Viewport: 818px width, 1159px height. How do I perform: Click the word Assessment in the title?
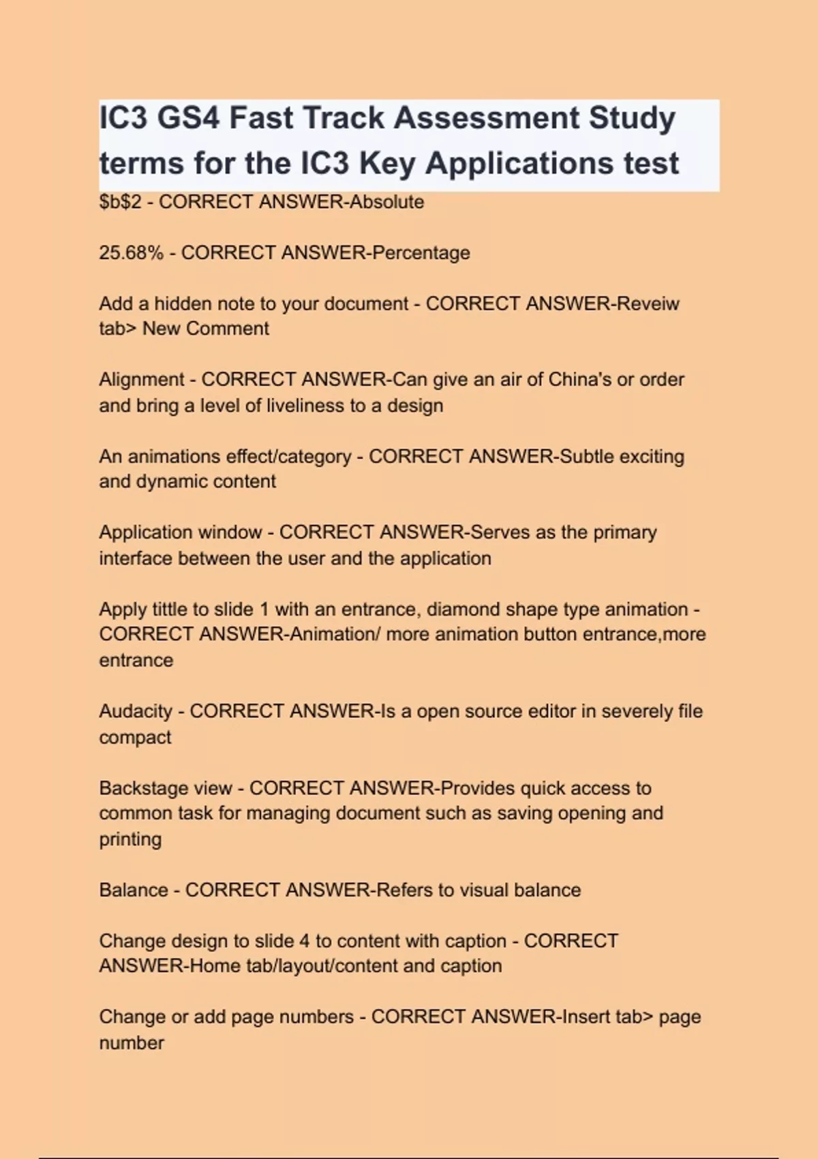pyautogui.click(x=486, y=118)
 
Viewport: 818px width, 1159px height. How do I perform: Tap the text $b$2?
pyautogui.click(x=120, y=202)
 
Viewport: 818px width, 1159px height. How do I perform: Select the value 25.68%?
pyautogui.click(x=131, y=253)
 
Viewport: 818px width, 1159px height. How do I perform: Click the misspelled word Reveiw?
pyautogui.click(x=648, y=303)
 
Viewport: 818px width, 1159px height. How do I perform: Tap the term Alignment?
pyautogui.click(x=141, y=380)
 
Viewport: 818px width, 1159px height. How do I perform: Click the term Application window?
pyautogui.click(x=180, y=532)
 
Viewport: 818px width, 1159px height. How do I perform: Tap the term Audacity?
pyautogui.click(x=135, y=711)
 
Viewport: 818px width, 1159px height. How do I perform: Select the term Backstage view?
pyautogui.click(x=165, y=788)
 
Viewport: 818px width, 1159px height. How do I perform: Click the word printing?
pyautogui.click(x=130, y=839)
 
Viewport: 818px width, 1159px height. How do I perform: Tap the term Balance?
pyautogui.click(x=133, y=890)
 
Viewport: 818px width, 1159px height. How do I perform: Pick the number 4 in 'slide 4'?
pyautogui.click(x=304, y=942)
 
